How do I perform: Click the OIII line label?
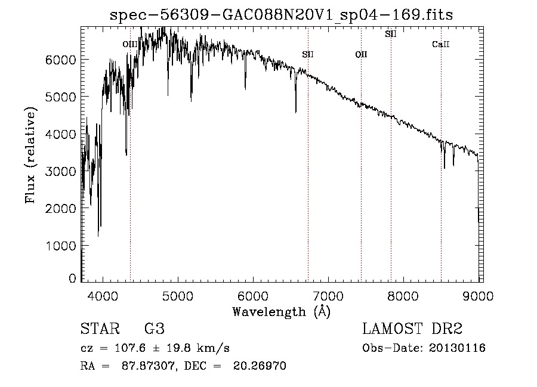pos(129,44)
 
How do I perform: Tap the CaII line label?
pos(440,44)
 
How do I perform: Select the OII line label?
pos(361,55)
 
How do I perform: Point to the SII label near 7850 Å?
pos(391,34)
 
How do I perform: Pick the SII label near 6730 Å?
pos(308,55)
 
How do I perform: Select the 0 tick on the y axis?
pos(72,278)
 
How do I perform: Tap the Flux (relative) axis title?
pos(30,155)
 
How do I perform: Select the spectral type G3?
pos(154,329)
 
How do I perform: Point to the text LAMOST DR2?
pos(412,329)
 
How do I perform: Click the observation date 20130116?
pos(456,348)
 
